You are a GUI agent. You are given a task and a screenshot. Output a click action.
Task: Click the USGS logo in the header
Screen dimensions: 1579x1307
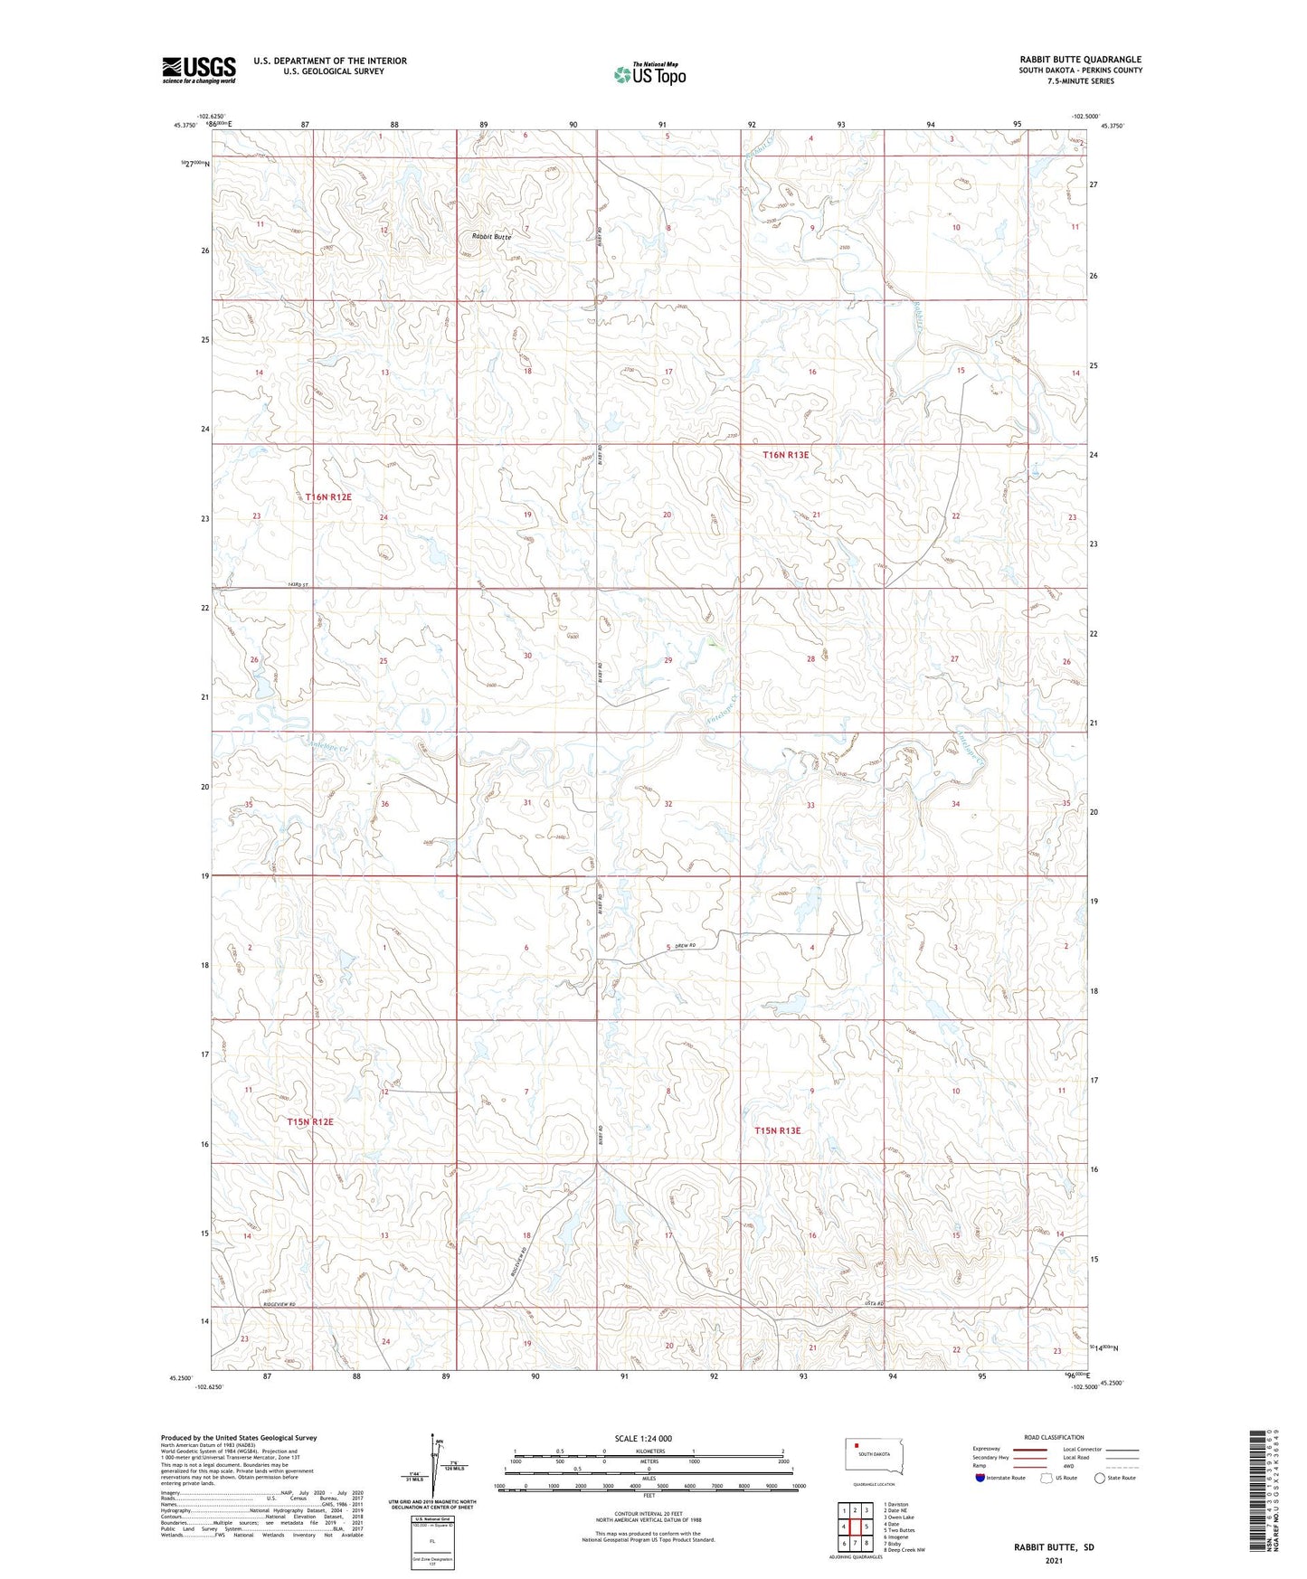[199, 70]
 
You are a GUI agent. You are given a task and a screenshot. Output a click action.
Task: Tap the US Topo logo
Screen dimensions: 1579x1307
[649, 74]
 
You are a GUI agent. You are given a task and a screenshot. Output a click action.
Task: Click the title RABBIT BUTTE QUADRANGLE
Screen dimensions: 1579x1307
[1080, 60]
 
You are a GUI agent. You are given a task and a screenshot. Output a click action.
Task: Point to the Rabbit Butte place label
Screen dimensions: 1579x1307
[491, 237]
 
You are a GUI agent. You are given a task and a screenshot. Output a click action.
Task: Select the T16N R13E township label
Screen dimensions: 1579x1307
[786, 456]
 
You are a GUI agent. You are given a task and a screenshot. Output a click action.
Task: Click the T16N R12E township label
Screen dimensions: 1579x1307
[327, 497]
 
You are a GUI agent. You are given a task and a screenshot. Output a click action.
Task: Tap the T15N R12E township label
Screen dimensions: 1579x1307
[310, 1122]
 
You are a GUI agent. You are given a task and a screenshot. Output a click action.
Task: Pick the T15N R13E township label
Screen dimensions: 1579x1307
[778, 1130]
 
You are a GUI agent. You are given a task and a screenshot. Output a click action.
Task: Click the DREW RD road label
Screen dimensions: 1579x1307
[690, 947]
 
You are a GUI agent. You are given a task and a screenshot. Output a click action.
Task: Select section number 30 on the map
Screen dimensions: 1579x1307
[527, 656]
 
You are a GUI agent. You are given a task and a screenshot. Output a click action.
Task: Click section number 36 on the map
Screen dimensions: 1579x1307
[385, 804]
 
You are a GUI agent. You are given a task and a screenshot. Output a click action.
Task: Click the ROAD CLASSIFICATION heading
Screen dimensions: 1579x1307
[1054, 1437]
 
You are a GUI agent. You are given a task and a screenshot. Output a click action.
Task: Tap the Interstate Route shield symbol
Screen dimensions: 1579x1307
[981, 1478]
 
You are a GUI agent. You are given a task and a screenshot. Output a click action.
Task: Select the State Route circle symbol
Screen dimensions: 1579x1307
[1100, 1478]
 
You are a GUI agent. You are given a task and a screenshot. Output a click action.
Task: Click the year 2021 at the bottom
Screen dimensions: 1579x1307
[1054, 1561]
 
